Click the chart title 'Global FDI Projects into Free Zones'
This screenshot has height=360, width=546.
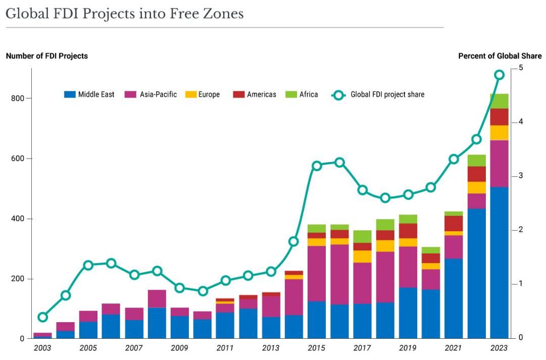click(x=124, y=14)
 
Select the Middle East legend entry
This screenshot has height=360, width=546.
click(x=89, y=94)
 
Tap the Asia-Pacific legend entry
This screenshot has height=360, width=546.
click(x=151, y=94)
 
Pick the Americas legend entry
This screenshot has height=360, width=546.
click(x=255, y=94)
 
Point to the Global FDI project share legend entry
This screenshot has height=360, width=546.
click(x=378, y=94)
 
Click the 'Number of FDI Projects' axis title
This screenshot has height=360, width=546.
click(x=47, y=56)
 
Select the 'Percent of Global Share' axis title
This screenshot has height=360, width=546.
click(x=500, y=56)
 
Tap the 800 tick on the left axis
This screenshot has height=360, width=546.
click(x=18, y=98)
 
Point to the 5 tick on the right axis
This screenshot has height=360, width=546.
click(x=521, y=68)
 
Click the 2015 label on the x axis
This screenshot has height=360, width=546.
click(x=317, y=348)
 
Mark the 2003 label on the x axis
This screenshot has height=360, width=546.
click(x=43, y=348)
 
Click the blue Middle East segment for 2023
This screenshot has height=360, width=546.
click(x=499, y=263)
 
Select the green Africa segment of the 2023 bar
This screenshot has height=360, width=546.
click(x=499, y=101)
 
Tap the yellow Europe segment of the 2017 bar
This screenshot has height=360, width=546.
click(x=362, y=256)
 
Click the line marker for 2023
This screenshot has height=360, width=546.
click(x=499, y=75)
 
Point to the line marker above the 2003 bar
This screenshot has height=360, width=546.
click(x=43, y=317)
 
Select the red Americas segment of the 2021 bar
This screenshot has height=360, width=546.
click(x=454, y=224)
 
